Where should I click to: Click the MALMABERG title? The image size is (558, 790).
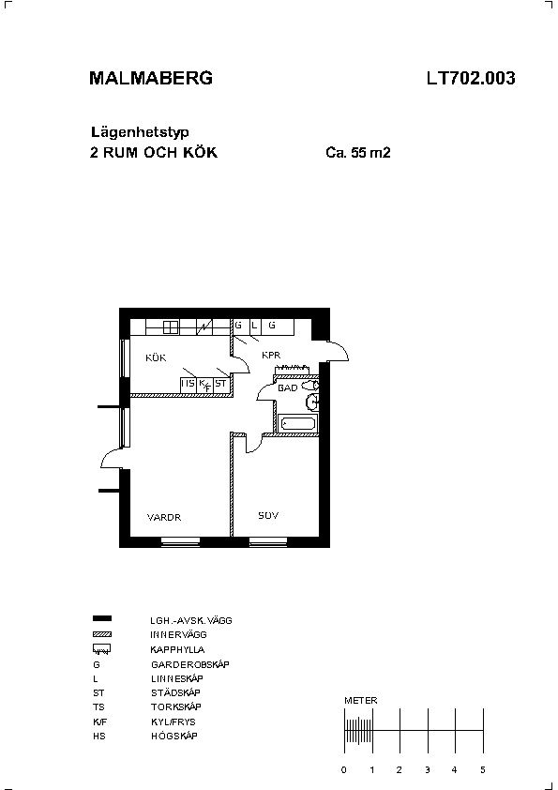click(x=151, y=78)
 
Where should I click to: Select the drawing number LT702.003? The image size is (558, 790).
click(x=471, y=78)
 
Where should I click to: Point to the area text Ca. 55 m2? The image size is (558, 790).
click(x=358, y=152)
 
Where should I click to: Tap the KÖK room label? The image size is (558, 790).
click(x=156, y=357)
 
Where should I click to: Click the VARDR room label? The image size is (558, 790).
click(x=164, y=517)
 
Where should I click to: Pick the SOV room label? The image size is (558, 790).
click(x=268, y=515)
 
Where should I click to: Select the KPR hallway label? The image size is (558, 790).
click(x=271, y=356)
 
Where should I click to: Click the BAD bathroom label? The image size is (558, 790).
click(x=288, y=387)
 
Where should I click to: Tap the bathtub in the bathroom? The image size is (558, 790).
click(x=298, y=423)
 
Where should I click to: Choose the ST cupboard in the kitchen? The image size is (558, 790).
click(x=220, y=384)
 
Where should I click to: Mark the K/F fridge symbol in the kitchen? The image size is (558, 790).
click(x=204, y=385)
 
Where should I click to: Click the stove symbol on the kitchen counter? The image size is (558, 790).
click(x=172, y=327)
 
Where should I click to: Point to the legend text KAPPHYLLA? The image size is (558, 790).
click(x=177, y=649)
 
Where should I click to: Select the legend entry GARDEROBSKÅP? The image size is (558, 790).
click(x=189, y=664)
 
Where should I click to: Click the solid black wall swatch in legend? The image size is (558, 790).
click(x=102, y=618)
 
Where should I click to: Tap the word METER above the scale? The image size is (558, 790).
click(x=360, y=700)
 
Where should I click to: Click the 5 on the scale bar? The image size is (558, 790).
click(x=482, y=770)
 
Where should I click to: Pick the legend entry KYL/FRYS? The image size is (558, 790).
click(x=173, y=722)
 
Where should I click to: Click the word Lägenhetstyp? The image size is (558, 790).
click(x=140, y=132)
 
